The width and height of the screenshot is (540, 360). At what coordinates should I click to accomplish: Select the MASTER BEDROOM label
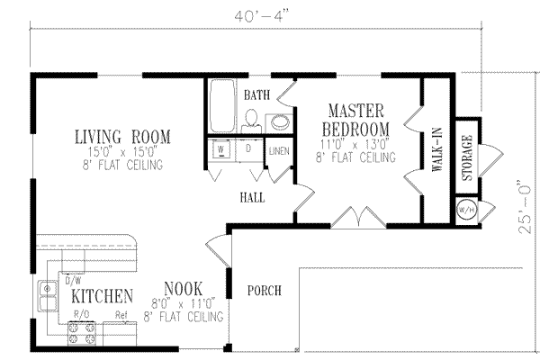[x=355, y=118]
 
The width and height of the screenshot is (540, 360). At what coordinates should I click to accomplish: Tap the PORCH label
[x=264, y=291]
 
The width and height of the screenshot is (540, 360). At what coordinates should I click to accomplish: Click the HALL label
[x=251, y=196]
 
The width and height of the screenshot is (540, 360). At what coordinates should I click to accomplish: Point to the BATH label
[x=256, y=94]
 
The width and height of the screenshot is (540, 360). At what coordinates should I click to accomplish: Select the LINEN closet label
[x=277, y=151]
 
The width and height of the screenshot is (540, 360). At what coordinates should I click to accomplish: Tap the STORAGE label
[x=466, y=157]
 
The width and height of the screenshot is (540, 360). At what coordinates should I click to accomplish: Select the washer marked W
[x=222, y=150]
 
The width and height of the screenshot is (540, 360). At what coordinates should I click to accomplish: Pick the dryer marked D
[x=247, y=150]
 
